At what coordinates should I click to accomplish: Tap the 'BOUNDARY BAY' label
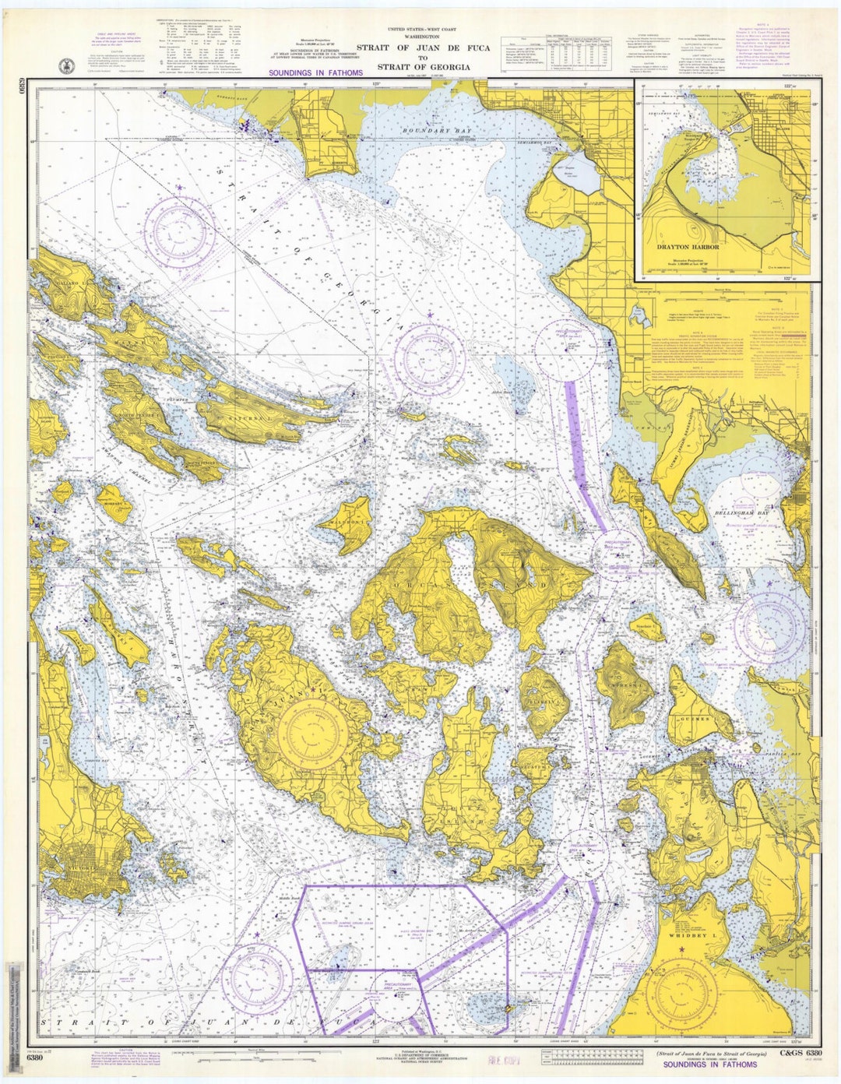(x=428, y=130)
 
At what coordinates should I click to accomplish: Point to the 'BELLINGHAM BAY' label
(x=746, y=515)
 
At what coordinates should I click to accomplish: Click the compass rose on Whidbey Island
(x=685, y=992)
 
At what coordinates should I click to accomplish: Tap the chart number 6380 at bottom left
(x=34, y=1057)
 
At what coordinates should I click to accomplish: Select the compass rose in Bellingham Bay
(x=769, y=623)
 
